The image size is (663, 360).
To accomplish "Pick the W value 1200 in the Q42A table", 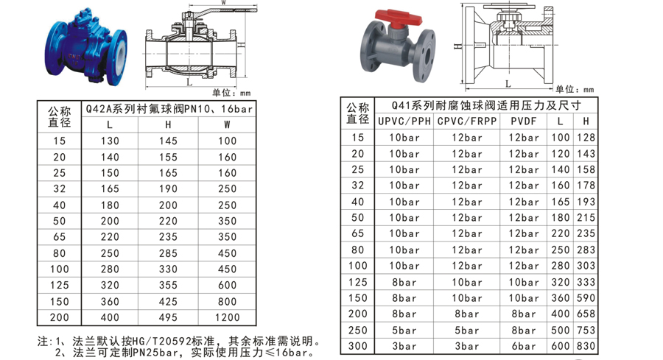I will pyautogui.click(x=228, y=317).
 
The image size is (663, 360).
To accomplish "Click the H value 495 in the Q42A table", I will pyautogui.click(x=168, y=317).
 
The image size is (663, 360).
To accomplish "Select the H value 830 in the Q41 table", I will pyautogui.click(x=587, y=346).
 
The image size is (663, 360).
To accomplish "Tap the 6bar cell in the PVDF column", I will pyautogui.click(x=523, y=346).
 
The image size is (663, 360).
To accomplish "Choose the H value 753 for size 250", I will pyautogui.click(x=587, y=330).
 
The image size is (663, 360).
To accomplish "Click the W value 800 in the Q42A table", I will pyautogui.click(x=228, y=301).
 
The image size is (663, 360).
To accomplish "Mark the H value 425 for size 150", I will pyautogui.click(x=168, y=301).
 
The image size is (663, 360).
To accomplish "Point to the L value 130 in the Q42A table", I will pyautogui.click(x=109, y=141).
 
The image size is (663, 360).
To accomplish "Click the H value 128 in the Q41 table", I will pyautogui.click(x=587, y=138).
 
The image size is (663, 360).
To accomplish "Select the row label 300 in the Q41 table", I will pyautogui.click(x=357, y=346).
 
